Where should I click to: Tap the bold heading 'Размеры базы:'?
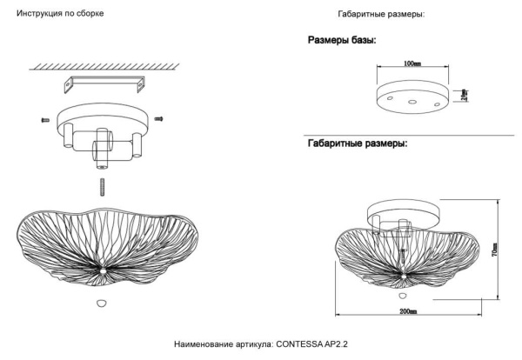pos(342,41)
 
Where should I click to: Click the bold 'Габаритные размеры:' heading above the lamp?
pos(357,143)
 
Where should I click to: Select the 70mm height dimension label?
pos(494,252)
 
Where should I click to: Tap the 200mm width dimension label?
pos(408,310)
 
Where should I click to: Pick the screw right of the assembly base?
pos(159,117)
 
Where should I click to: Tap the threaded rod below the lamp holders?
pos(101,187)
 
